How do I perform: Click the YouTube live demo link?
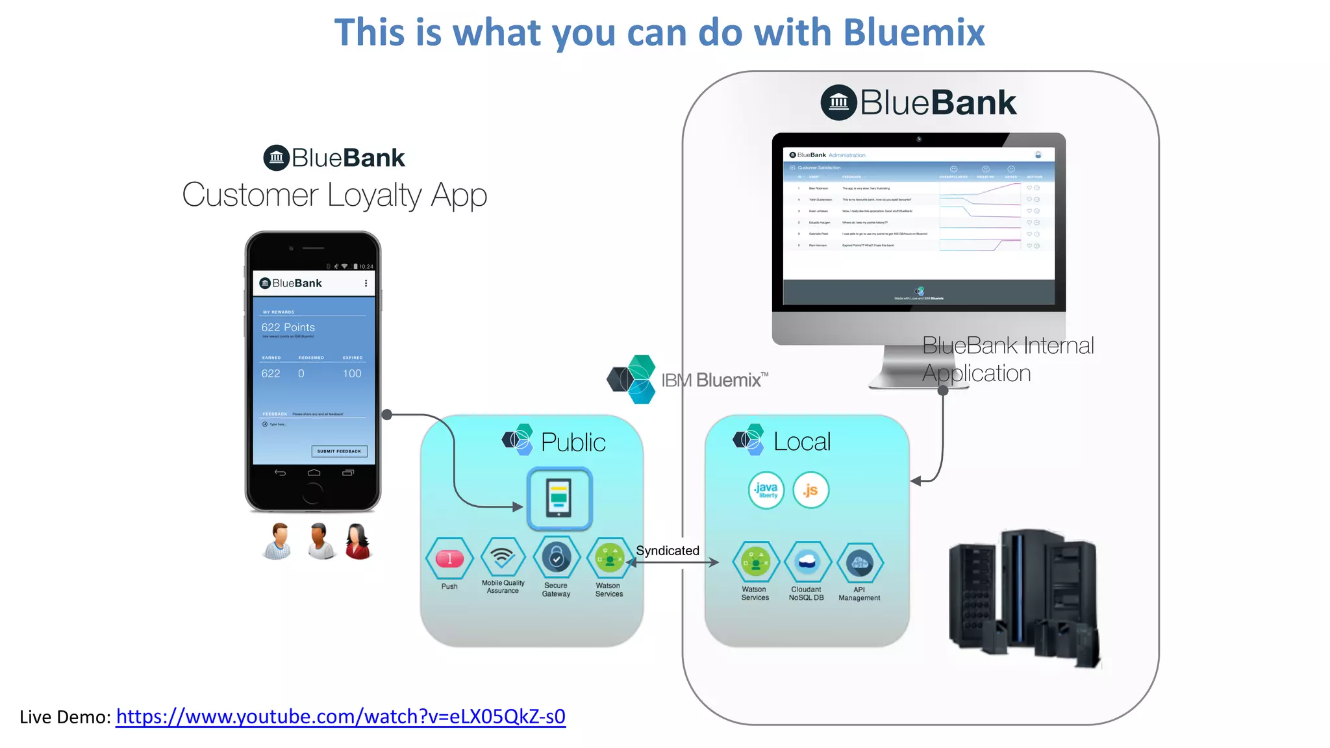(x=340, y=716)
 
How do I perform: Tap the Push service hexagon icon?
(x=449, y=558)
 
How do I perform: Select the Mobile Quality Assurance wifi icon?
(x=503, y=556)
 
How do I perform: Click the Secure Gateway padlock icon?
(x=557, y=557)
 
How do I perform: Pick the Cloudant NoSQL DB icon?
(x=807, y=562)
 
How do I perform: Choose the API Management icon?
(x=860, y=563)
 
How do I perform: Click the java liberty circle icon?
(x=766, y=490)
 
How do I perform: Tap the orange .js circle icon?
(x=810, y=490)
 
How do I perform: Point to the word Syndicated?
(x=668, y=551)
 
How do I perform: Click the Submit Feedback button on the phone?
(x=339, y=451)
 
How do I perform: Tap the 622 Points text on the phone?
(x=288, y=327)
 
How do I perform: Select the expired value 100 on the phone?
(x=352, y=373)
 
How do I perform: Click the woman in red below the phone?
(x=358, y=541)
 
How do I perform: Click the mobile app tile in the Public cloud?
(x=559, y=499)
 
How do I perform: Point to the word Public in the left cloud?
(x=573, y=442)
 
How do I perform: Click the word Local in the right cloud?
(x=802, y=442)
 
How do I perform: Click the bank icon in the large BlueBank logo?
(x=838, y=103)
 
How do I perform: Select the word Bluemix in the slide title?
(x=914, y=32)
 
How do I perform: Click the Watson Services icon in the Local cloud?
(x=755, y=562)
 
